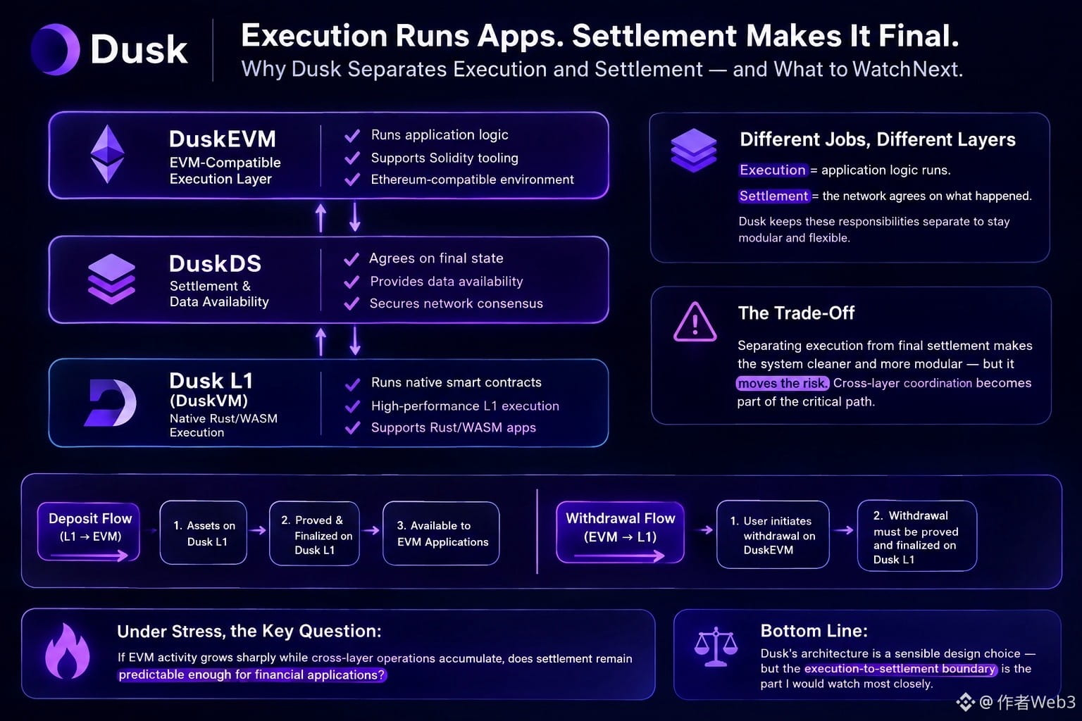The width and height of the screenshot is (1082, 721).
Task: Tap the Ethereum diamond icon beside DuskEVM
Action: pyautogui.click(x=107, y=154)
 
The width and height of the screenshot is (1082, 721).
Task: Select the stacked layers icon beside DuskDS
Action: pyautogui.click(x=111, y=279)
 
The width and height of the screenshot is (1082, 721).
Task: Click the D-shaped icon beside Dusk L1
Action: pyautogui.click(x=111, y=403)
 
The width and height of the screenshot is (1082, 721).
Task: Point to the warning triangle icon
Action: pyautogui.click(x=695, y=322)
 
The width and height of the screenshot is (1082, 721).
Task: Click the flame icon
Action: pyautogui.click(x=68, y=651)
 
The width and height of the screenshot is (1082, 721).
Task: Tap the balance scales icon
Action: pyautogui.click(x=716, y=646)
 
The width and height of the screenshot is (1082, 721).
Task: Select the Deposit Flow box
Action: pyautogui.click(x=89, y=532)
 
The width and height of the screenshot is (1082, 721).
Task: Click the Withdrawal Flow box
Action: pyautogui.click(x=620, y=532)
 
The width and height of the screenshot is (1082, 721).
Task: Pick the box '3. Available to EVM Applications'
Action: pyautogui.click(x=441, y=533)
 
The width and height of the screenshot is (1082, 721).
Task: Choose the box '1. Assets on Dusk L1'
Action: pyautogui.click(x=204, y=533)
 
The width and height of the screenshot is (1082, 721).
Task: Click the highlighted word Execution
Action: pyautogui.click(x=772, y=170)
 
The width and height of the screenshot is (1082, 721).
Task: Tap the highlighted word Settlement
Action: pyautogui.click(x=774, y=196)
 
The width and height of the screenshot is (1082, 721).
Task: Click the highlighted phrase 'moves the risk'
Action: pyautogui.click(x=782, y=384)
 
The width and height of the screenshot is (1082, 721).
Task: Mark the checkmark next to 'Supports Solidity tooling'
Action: pyautogui.click(x=352, y=158)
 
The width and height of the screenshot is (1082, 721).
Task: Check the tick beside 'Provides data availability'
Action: pyautogui.click(x=352, y=282)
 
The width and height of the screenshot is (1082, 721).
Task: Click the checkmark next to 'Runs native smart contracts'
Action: pyautogui.click(x=353, y=384)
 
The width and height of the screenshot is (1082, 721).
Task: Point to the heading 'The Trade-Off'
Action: pyautogui.click(x=796, y=313)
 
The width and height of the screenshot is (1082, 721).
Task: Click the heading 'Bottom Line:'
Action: pyautogui.click(x=814, y=631)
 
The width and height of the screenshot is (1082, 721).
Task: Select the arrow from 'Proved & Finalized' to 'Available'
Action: pyautogui.click(x=371, y=531)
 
